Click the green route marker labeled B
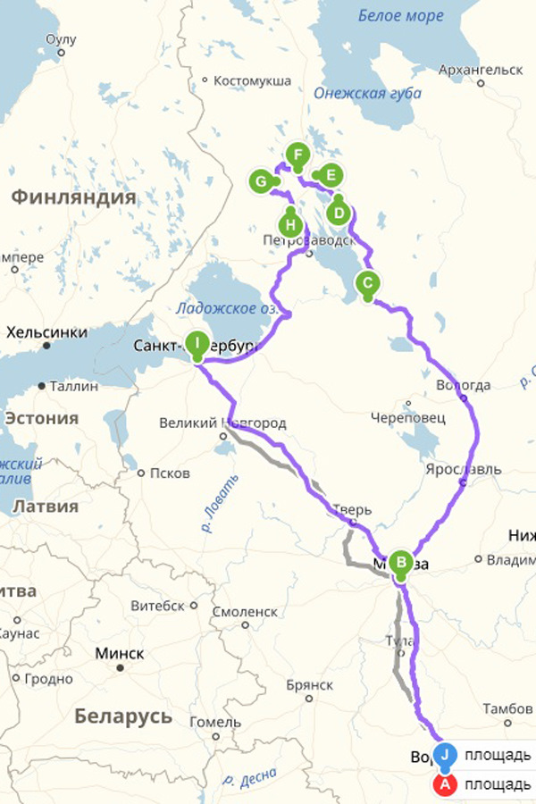tap(401, 563)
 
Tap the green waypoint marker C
tap(367, 283)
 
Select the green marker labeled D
tap(338, 213)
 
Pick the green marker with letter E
tap(330, 175)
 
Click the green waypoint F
tap(297, 154)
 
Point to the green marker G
tap(261, 182)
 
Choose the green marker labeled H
tap(290, 223)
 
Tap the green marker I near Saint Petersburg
tap(197, 342)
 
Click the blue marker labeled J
tap(446, 755)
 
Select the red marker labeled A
tap(444, 784)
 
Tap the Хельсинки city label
tap(46, 332)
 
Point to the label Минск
tap(120, 652)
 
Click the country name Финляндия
tap(73, 197)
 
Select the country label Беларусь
tap(123, 716)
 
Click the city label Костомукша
tap(253, 80)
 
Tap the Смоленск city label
tap(245, 612)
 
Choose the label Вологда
tap(462, 385)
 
